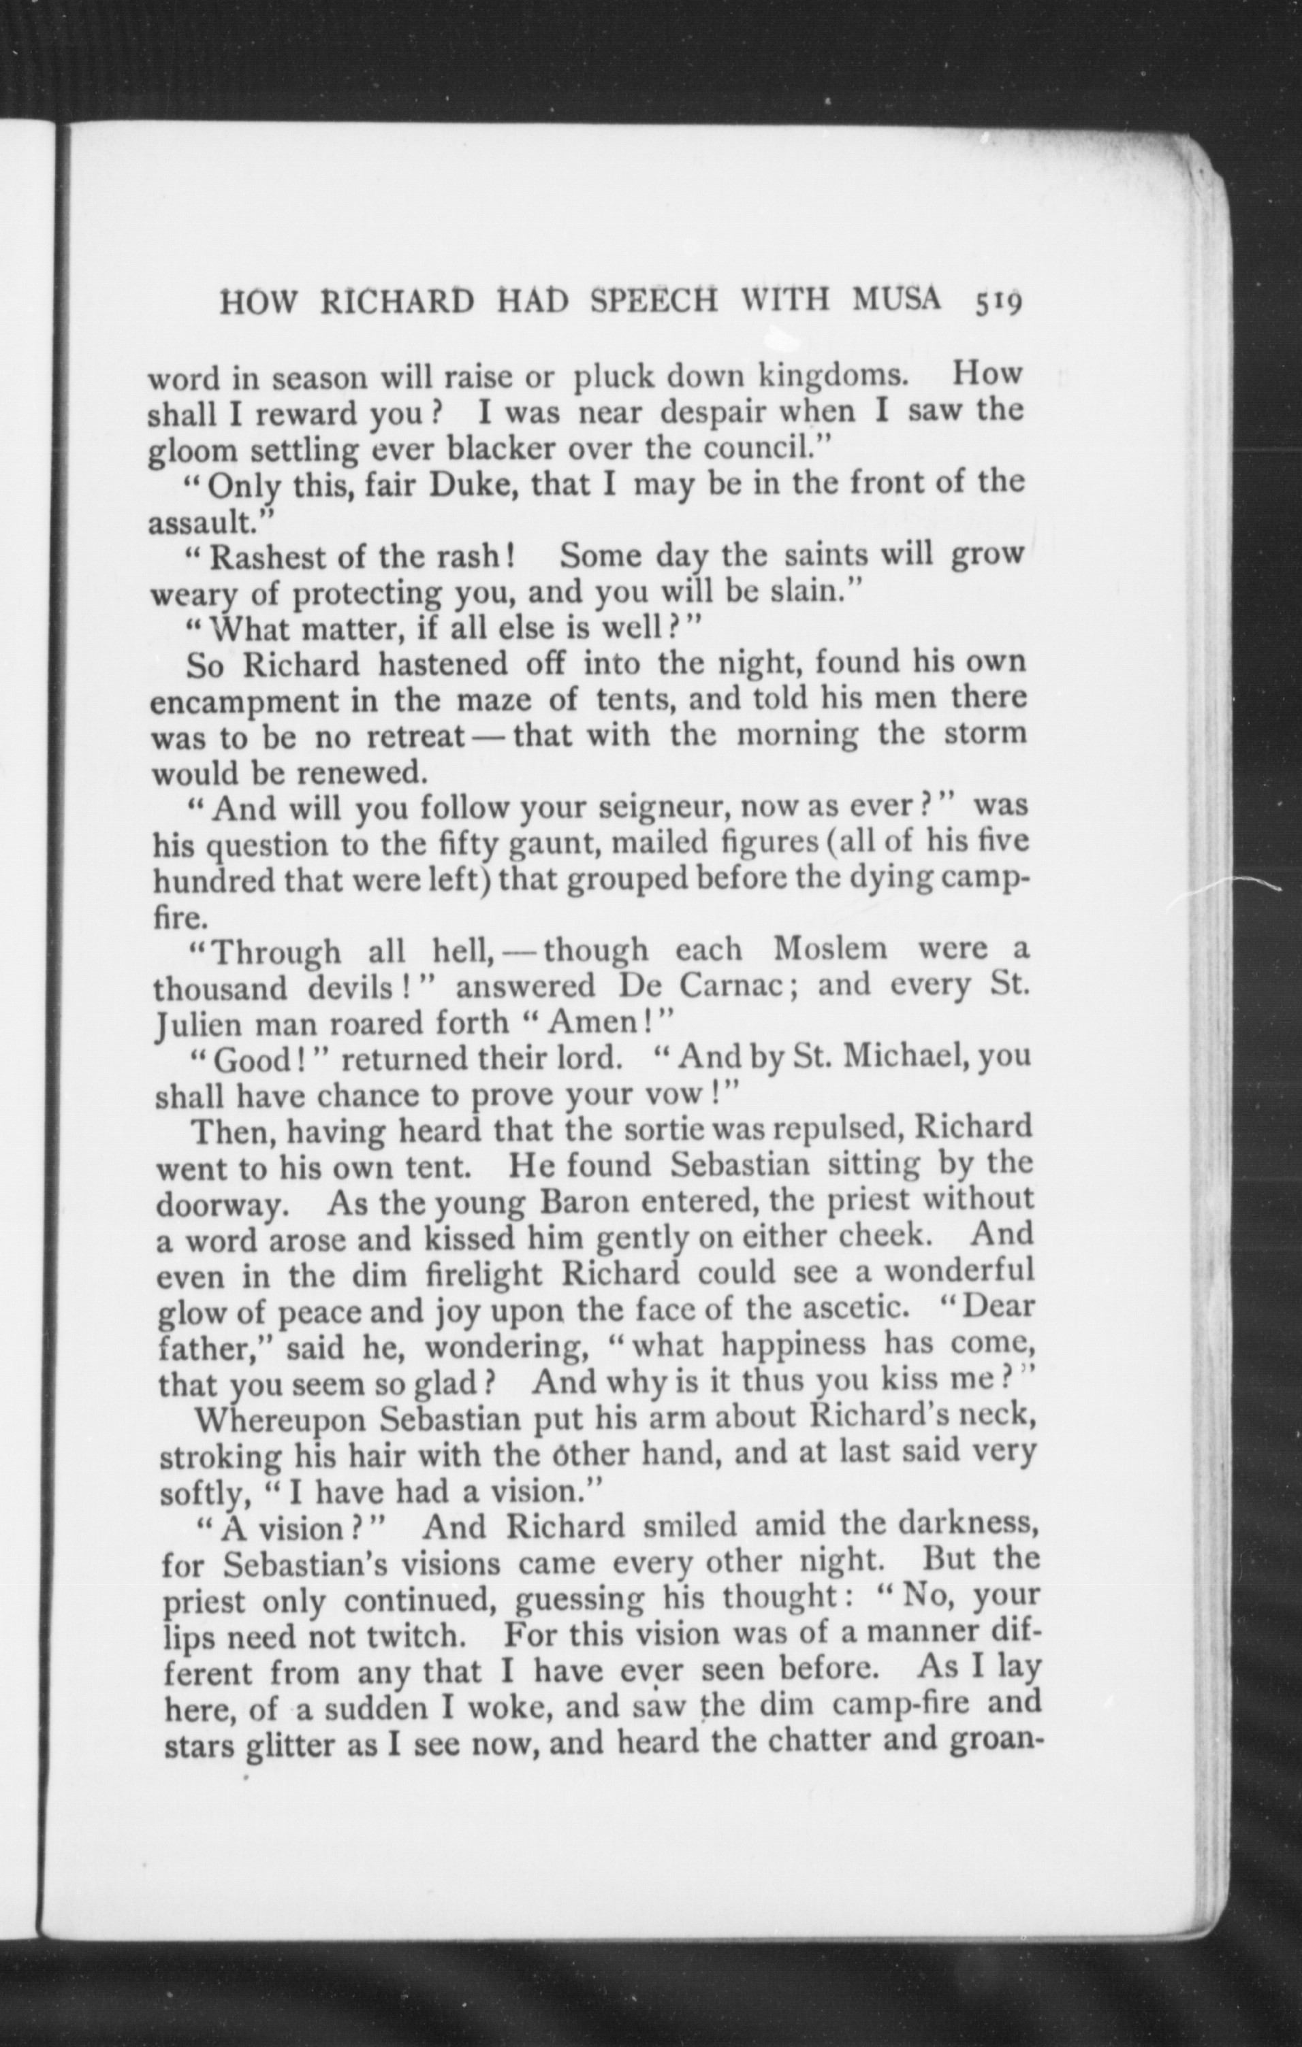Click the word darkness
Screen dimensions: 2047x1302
tap(968, 1528)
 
